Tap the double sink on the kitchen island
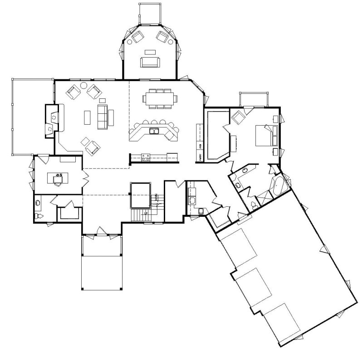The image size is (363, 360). pos(154,132)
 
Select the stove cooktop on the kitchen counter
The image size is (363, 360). pos(146,157)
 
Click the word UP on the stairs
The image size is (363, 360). pos(146,213)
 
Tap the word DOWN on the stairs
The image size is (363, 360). pos(157,198)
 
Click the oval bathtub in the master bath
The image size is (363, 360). pos(278,186)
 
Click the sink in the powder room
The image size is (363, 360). pos(38,203)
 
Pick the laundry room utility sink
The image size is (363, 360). pos(192,199)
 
